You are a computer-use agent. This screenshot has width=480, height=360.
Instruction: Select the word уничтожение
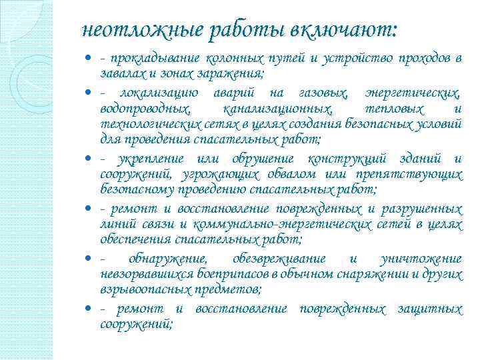click(x=420, y=258)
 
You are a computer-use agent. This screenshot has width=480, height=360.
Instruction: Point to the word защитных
click(x=430, y=309)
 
